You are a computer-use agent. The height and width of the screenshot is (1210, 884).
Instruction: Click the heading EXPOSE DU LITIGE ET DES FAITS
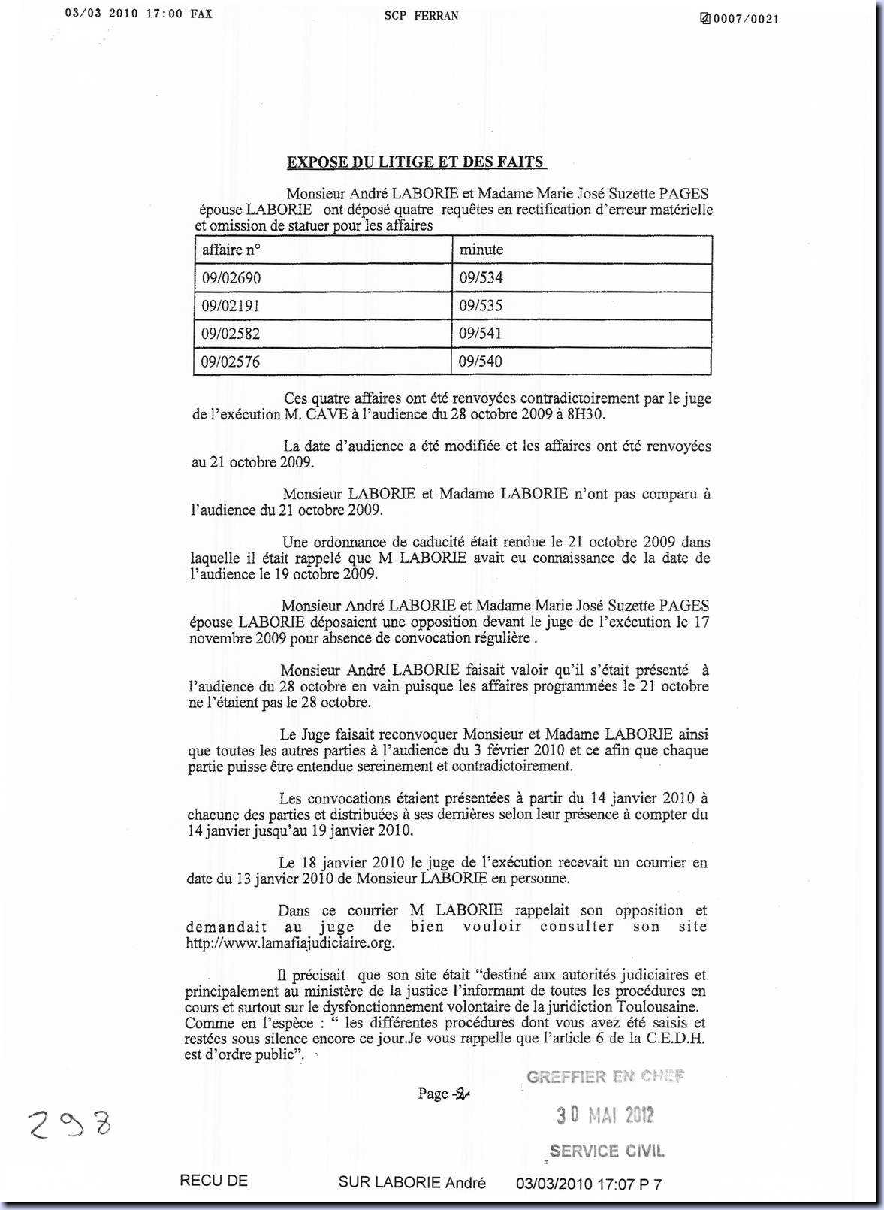[416, 162]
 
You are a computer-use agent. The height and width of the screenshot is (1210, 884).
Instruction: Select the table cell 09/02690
[231, 278]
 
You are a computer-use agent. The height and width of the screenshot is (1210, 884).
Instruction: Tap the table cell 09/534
[481, 278]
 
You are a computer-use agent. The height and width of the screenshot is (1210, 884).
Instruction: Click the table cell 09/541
[481, 334]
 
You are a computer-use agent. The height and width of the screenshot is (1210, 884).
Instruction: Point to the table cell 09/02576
[231, 362]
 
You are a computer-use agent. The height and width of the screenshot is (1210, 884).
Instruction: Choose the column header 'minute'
[481, 250]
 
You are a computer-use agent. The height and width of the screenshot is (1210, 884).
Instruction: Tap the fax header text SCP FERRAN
[421, 16]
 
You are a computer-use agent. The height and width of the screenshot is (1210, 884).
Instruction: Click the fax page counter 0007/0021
[744, 19]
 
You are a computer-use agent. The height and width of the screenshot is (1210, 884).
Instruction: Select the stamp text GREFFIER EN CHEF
[605, 1077]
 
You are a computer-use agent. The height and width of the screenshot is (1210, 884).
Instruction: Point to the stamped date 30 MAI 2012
[605, 1115]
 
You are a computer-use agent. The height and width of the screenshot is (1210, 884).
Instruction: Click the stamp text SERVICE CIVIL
[607, 1151]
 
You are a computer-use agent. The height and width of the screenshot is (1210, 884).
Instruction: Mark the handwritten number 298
[70, 1125]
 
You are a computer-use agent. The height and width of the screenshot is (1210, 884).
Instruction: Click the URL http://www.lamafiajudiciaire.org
[290, 943]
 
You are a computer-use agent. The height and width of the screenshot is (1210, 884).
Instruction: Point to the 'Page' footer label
[433, 1094]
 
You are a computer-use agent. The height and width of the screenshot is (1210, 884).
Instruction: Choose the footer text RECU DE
[213, 1181]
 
